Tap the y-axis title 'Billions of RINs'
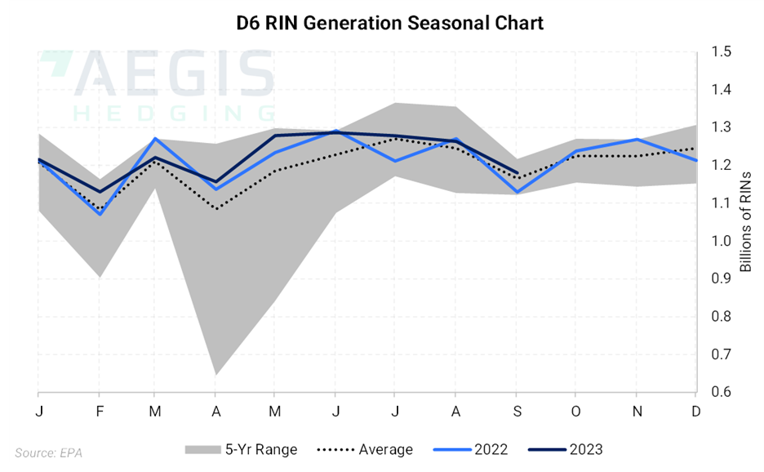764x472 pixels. [x=744, y=221]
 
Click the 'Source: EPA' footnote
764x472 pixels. [x=48, y=452]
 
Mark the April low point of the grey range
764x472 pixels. [x=216, y=374]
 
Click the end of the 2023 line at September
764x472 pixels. [x=516, y=173]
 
